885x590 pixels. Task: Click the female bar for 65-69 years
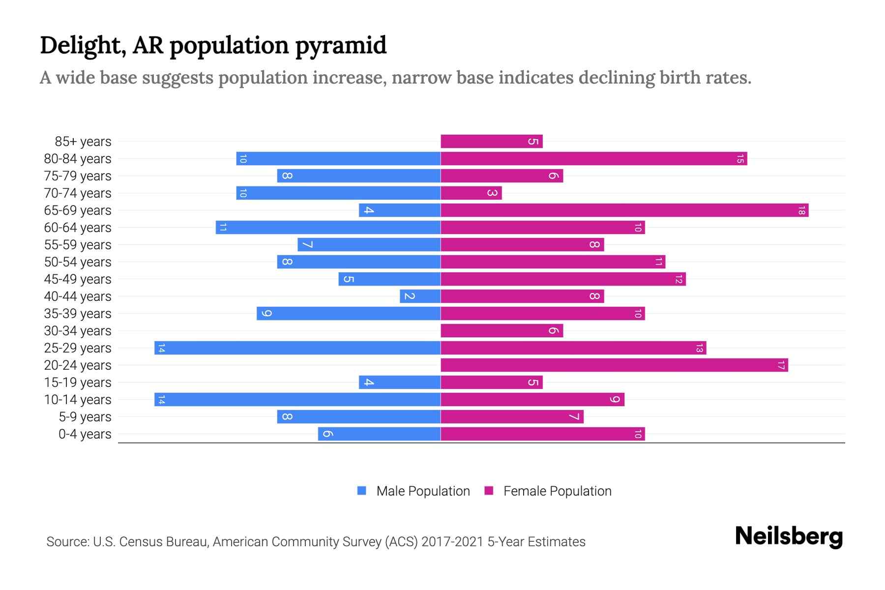[x=624, y=210]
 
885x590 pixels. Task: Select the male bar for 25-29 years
[x=297, y=348]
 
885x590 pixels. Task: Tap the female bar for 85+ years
[x=492, y=142]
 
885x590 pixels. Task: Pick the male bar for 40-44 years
[x=420, y=296]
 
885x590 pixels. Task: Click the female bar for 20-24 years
[x=614, y=365]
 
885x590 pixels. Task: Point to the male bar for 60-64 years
[x=328, y=228]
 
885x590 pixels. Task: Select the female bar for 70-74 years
[x=471, y=193]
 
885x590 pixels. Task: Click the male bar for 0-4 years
[x=379, y=434]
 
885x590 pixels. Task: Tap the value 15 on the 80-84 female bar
[x=740, y=159]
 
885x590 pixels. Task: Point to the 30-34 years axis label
[x=78, y=331]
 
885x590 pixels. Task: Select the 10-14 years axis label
[x=78, y=400]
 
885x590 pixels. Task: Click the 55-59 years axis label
[x=78, y=245]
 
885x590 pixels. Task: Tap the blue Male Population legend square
[x=362, y=491]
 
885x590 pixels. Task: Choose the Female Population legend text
[x=557, y=491]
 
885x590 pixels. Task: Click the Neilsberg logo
[x=789, y=536]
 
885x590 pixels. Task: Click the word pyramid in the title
[x=341, y=46]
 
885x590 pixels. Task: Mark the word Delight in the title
[x=80, y=45]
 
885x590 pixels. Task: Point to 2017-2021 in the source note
[x=452, y=542]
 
